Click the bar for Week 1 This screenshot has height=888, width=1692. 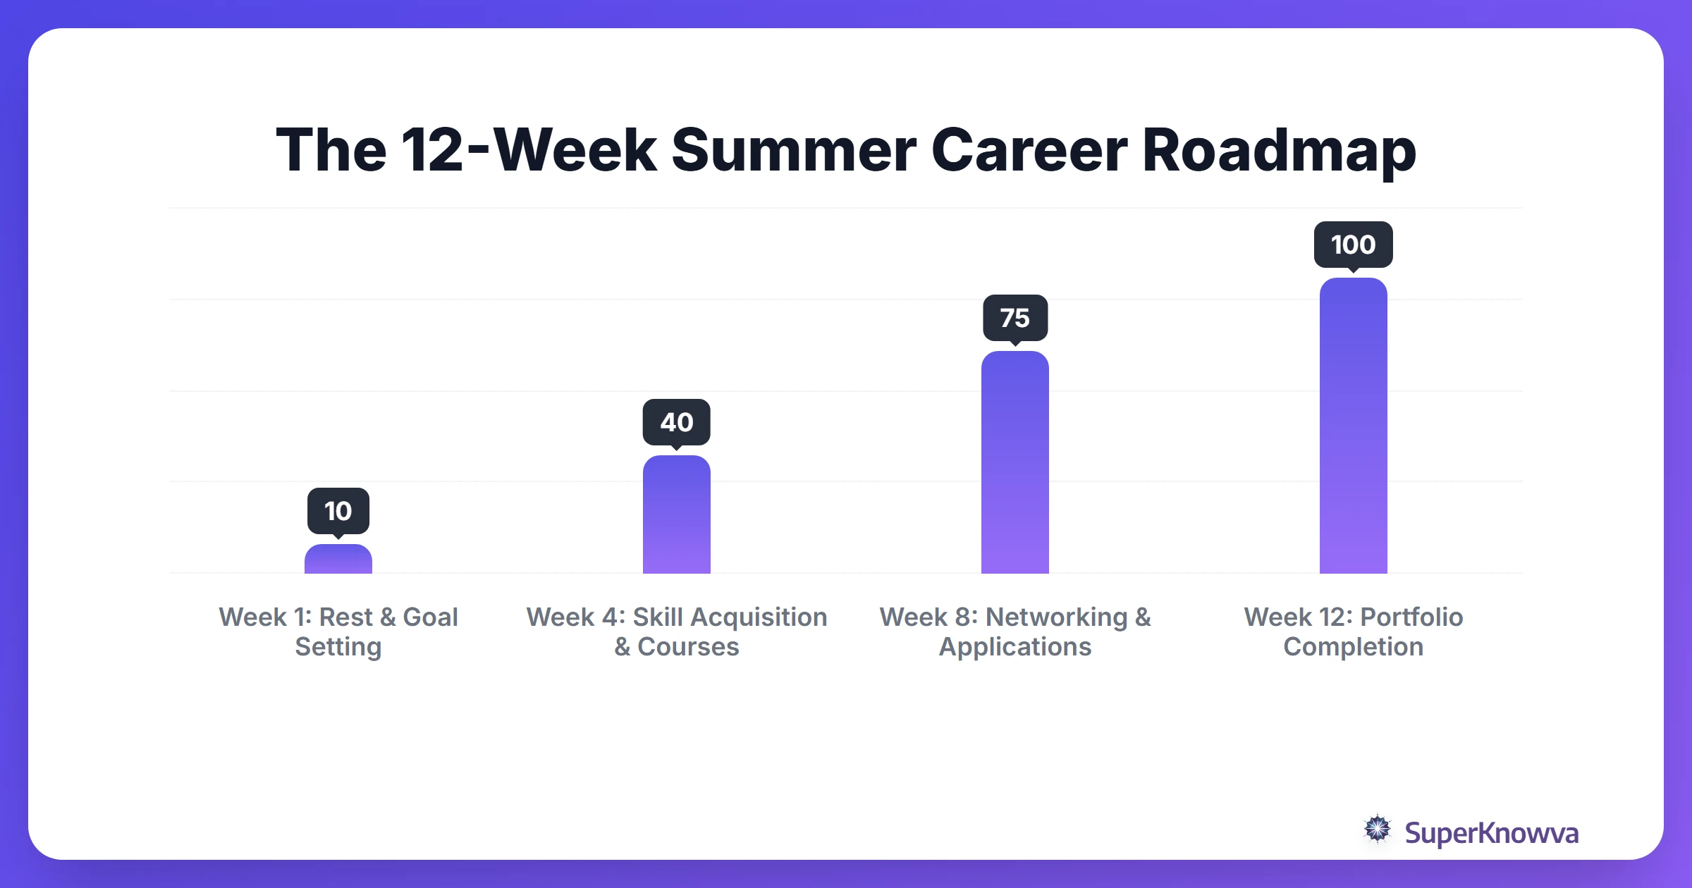(x=338, y=560)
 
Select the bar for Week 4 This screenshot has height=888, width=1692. (x=677, y=514)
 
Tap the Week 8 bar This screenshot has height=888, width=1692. (x=1015, y=462)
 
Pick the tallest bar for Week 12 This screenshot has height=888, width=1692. (x=1354, y=426)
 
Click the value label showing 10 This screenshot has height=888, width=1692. (x=338, y=511)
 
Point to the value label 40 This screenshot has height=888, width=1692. (x=677, y=422)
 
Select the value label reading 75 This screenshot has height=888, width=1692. (x=1015, y=318)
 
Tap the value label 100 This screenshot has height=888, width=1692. (x=1354, y=245)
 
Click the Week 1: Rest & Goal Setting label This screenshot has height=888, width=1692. (x=338, y=631)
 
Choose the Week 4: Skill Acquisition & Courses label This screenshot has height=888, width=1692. (x=677, y=631)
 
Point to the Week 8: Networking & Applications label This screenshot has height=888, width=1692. (x=1015, y=631)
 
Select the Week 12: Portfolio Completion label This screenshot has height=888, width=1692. (x=1354, y=631)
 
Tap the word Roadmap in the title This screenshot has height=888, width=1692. (x=1279, y=151)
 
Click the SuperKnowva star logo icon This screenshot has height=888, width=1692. (x=1378, y=829)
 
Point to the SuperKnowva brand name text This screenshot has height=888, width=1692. (x=1492, y=833)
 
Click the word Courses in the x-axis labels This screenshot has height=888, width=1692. (x=688, y=647)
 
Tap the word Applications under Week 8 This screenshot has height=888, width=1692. (x=1015, y=647)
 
